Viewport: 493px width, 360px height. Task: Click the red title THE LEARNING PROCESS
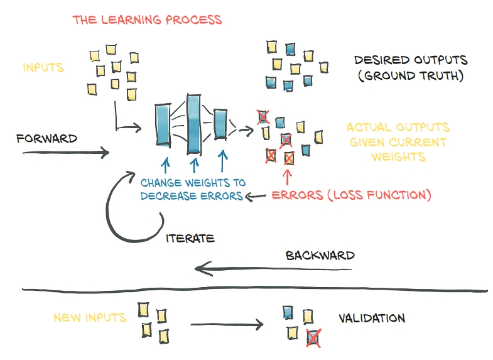[x=148, y=19]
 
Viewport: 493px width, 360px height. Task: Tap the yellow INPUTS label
[x=43, y=67]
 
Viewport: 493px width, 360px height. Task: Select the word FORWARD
[x=47, y=138]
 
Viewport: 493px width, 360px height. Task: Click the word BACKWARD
[x=320, y=256]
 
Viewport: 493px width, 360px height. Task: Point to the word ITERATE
[x=191, y=238]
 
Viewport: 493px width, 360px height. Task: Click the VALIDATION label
[x=372, y=318]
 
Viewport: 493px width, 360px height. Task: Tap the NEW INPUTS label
[x=90, y=317]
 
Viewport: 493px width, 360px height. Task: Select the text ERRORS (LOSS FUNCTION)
[x=352, y=195]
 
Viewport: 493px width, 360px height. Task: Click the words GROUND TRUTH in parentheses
[x=409, y=76]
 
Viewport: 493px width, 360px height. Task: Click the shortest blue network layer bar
[x=220, y=124]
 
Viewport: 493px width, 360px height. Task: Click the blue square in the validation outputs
[x=288, y=312]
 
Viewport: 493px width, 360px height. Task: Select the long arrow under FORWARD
[x=66, y=151]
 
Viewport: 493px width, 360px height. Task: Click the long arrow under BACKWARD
[x=273, y=270]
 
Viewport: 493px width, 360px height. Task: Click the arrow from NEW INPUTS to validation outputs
[x=226, y=325]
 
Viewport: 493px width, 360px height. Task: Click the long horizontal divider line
[x=251, y=290]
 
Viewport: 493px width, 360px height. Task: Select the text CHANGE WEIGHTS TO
[x=193, y=183]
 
